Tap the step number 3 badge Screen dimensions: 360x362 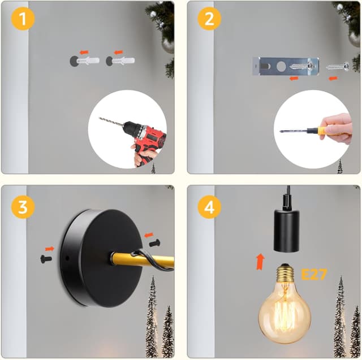[x=23, y=207]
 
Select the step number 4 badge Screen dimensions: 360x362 [x=209, y=207]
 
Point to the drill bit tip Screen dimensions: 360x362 [x=100, y=119]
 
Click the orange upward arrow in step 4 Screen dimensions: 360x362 [x=260, y=262]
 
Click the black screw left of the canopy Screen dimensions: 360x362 [x=46, y=259]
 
